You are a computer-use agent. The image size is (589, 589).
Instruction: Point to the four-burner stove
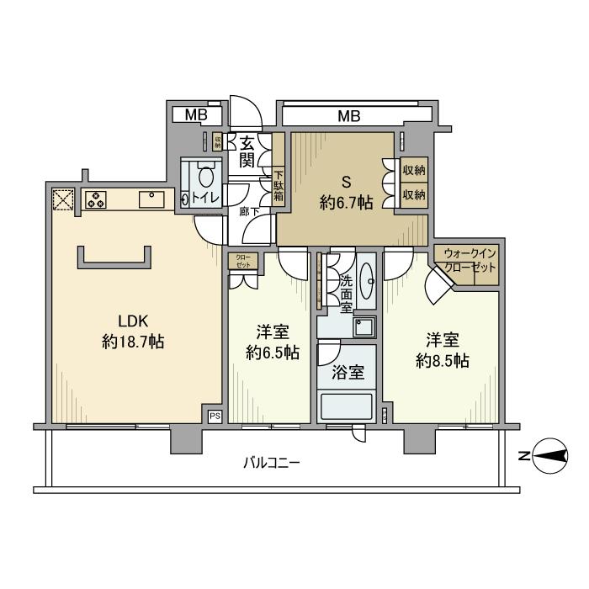click(95, 200)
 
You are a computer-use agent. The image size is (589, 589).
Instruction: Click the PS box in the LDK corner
click(214, 415)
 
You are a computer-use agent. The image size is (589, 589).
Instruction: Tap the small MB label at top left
click(190, 114)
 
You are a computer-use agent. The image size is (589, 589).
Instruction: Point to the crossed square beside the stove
click(63, 199)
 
